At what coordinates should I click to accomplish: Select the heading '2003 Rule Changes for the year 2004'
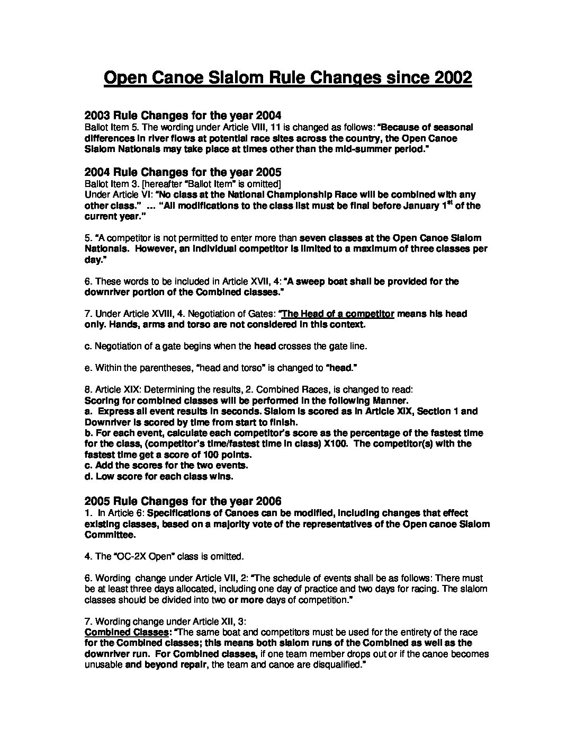coord(183,116)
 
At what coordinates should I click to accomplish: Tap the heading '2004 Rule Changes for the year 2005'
coord(183,172)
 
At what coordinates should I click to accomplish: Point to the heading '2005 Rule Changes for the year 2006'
coord(183,501)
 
